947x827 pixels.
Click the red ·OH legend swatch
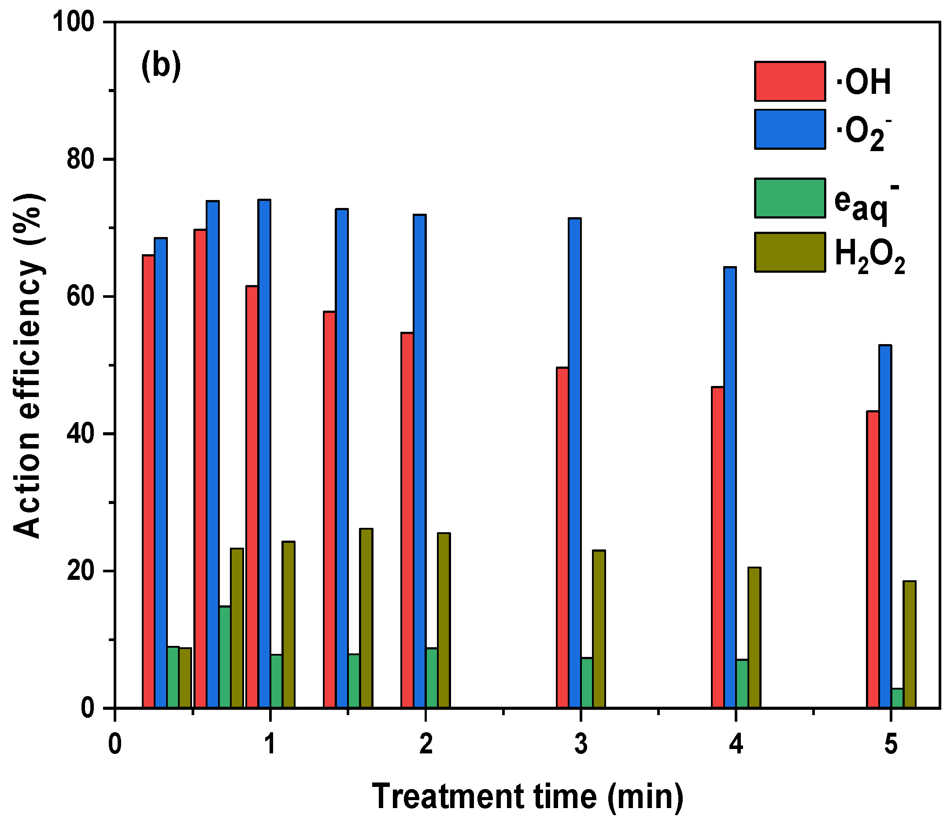789,81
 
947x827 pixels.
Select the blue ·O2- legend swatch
789,129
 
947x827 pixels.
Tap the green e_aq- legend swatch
789,198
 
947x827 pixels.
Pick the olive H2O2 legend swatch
789,252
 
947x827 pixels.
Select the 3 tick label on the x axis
581,744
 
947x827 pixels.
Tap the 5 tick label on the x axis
891,744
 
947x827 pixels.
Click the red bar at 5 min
873,559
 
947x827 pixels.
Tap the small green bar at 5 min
897,698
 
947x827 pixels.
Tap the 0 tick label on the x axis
115,744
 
